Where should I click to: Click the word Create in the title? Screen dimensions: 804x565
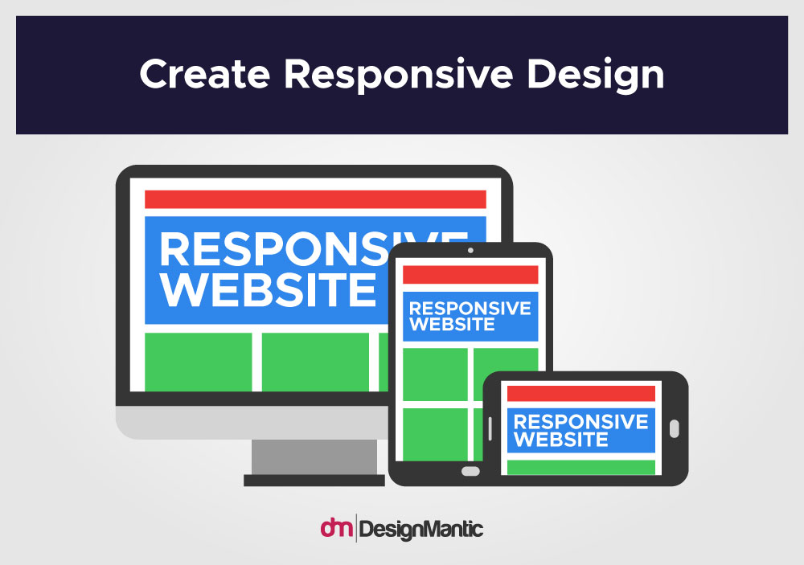pos(204,74)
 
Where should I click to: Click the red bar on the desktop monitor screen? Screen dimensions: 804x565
pos(315,199)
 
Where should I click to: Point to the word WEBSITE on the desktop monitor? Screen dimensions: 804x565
pos(269,289)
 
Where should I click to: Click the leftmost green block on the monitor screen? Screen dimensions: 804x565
pos(199,362)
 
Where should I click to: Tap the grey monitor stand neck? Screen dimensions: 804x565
pos(314,457)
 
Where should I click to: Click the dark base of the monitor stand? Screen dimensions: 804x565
pos(314,481)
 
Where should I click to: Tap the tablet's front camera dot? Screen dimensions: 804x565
pos(470,250)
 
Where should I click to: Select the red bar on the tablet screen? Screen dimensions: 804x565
pos(470,275)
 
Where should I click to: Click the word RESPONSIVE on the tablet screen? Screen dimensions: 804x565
pos(470,308)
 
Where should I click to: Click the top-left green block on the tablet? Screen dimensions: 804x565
pos(435,375)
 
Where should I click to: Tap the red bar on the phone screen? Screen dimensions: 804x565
pos(581,394)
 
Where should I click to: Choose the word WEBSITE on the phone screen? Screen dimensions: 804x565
pos(561,440)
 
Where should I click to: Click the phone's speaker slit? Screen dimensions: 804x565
pos(490,428)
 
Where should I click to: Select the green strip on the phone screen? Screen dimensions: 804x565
pos(581,468)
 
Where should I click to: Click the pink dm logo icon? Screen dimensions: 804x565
pos(337,527)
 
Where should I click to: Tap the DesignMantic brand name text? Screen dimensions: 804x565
pos(421,530)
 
